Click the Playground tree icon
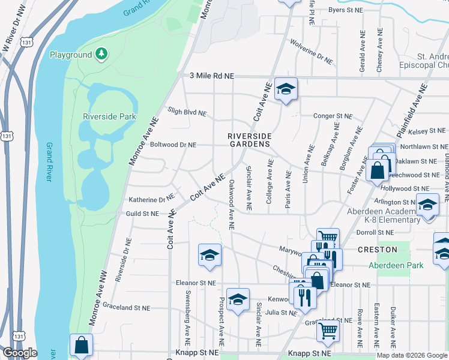click(102, 55)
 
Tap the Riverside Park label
click(110, 116)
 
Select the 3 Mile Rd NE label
click(211, 76)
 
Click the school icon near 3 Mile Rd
click(286, 89)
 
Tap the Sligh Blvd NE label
click(187, 112)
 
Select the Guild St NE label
click(142, 213)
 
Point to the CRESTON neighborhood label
click(378, 250)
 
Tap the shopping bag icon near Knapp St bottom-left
click(81, 346)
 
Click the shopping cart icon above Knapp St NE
click(328, 330)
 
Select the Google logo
click(20, 353)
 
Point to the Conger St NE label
click(332, 116)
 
